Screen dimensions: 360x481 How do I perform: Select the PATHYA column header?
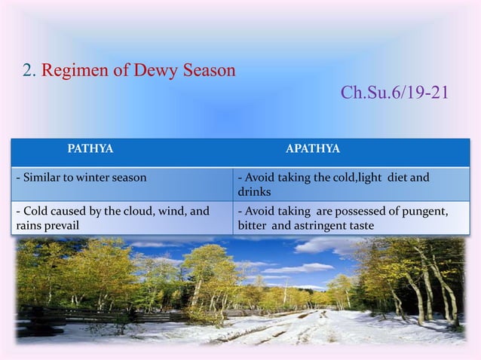[90, 149]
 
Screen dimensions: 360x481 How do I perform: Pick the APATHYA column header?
[312, 149]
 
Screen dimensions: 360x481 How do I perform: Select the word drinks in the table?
[253, 192]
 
